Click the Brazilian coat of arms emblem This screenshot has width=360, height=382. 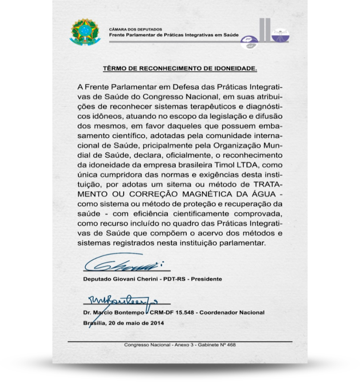click(x=85, y=32)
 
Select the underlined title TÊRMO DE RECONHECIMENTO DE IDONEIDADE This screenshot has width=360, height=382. click(x=180, y=69)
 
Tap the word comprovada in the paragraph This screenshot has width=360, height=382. click(x=259, y=214)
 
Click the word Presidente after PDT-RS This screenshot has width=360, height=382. click(x=206, y=279)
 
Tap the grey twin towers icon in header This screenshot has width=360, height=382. click(x=264, y=30)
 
